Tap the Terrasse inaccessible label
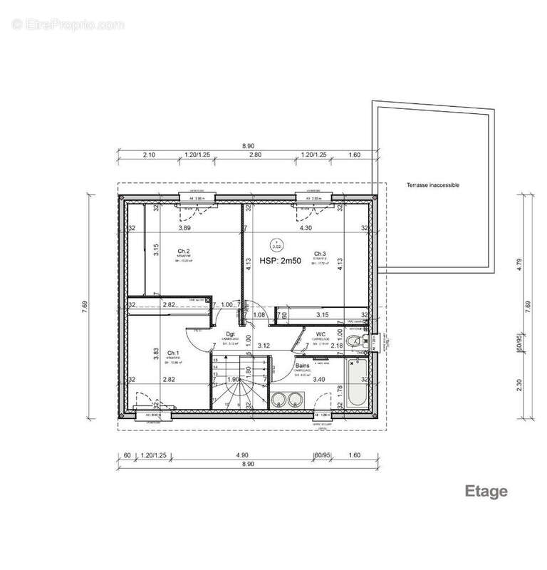[433, 185]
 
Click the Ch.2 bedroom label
[183, 251]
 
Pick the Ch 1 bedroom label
[173, 353]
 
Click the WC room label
[321, 333]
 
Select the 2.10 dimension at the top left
[149, 154]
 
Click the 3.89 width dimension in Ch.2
[184, 228]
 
